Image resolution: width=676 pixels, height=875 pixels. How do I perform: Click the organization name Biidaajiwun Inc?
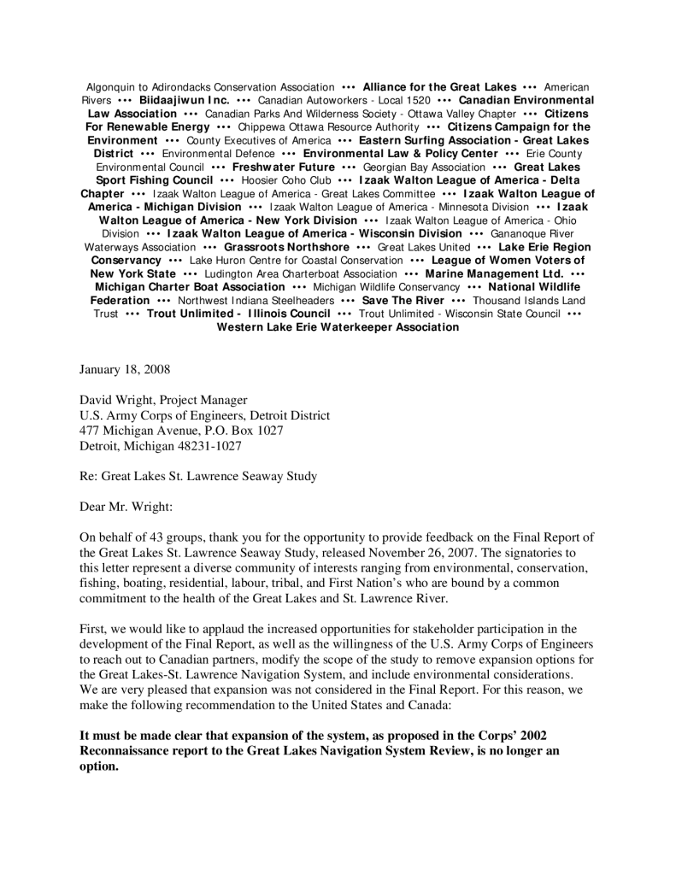(183, 100)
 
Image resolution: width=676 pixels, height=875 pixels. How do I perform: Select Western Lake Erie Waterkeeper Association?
(338, 326)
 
